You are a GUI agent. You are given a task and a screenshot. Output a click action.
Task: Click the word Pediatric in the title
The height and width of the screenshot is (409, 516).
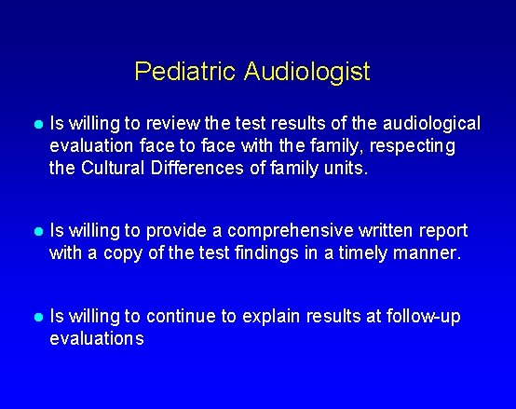click(185, 72)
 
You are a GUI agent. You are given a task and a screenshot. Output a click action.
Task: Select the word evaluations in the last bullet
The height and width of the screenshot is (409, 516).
click(97, 339)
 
